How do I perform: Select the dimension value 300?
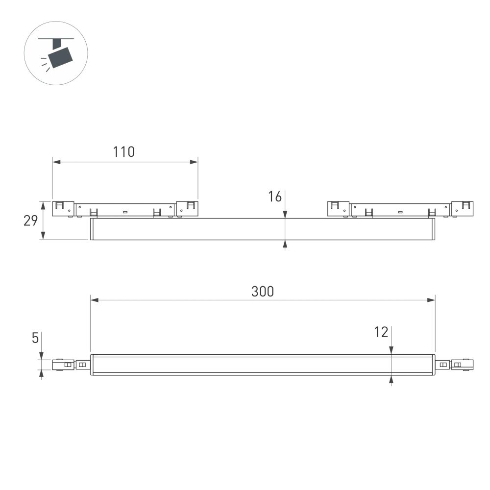(x=263, y=291)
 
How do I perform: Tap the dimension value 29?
(x=31, y=221)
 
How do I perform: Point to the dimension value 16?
(x=275, y=197)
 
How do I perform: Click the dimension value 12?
(x=381, y=332)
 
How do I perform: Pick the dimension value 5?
(x=35, y=338)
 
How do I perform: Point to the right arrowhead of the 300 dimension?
(x=431, y=300)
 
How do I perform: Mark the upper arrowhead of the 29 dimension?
(x=43, y=204)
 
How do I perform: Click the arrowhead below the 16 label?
(x=285, y=214)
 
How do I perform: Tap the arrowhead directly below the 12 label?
(x=391, y=350)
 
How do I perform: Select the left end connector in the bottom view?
(x=63, y=365)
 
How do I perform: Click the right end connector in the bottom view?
(x=462, y=365)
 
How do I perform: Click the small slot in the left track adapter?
(x=125, y=212)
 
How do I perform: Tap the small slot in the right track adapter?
(x=400, y=212)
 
